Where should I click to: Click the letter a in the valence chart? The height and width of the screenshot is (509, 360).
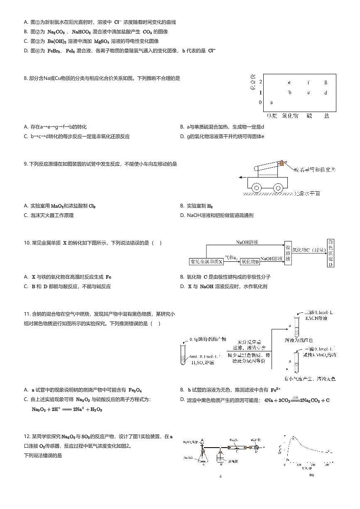coord(272,102)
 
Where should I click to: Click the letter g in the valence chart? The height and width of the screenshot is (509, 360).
coord(326,82)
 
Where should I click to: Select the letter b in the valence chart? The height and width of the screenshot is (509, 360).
coord(290,93)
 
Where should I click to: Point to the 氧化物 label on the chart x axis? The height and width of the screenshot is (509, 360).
coord(290,116)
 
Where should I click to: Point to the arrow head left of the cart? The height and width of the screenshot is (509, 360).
coord(241,177)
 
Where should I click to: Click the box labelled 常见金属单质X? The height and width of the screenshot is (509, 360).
coord(206,262)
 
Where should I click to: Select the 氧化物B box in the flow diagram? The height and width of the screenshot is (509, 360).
coord(250,262)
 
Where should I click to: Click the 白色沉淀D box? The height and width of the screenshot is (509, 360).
coord(331,253)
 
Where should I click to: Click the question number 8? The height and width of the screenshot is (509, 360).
coord(26,78)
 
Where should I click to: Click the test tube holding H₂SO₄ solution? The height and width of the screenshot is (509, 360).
coord(183,355)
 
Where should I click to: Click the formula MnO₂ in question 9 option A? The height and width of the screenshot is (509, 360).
coord(57,206)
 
